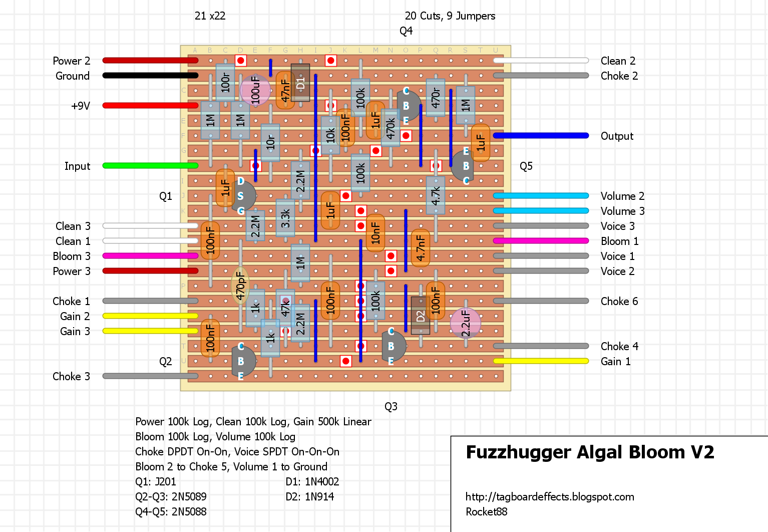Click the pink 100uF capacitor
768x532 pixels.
(x=255, y=90)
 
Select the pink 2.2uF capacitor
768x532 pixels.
(x=465, y=323)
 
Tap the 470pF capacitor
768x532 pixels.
(x=240, y=286)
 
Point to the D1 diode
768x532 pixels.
(x=300, y=83)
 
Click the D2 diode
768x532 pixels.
(x=420, y=316)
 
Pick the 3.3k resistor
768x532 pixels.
(x=285, y=218)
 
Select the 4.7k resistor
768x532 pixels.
(x=436, y=195)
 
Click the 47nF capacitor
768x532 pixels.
(x=285, y=90)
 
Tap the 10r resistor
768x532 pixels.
(x=270, y=143)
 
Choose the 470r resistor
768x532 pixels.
(x=436, y=98)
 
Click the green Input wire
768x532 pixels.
(x=150, y=165)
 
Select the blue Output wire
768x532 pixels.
(x=541, y=135)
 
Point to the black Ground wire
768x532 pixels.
(x=150, y=76)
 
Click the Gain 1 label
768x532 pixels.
(x=615, y=361)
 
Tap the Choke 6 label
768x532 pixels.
(x=619, y=301)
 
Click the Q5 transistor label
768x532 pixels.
(x=526, y=166)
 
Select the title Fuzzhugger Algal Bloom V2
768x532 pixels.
(x=590, y=452)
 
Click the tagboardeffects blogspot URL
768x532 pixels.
(x=549, y=496)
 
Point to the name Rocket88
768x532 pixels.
(x=486, y=511)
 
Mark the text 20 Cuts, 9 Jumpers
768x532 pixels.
(x=450, y=16)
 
